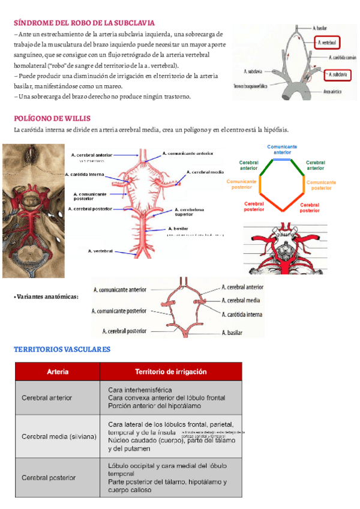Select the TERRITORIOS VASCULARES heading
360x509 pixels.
tap(62, 349)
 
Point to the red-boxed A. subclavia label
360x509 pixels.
tap(335, 74)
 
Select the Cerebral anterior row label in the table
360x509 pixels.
tap(47, 397)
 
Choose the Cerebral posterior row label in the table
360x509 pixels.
tap(49, 478)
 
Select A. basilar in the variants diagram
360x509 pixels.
tap(232, 333)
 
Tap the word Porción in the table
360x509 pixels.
tap(119, 405)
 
